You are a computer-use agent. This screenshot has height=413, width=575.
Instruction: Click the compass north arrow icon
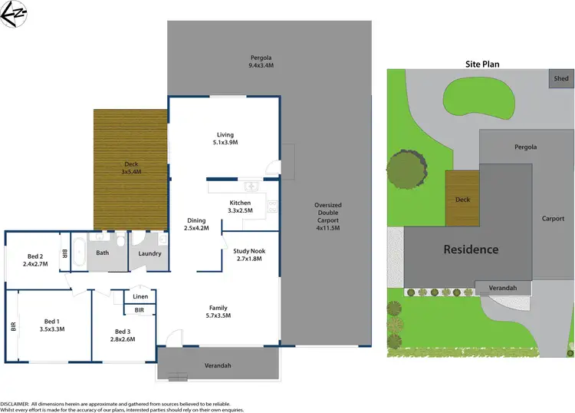[14, 15]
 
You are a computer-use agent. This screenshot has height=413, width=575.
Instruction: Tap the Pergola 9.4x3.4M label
[261, 61]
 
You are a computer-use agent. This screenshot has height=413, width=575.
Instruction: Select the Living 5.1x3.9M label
[224, 137]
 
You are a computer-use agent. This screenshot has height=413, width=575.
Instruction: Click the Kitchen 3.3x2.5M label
[240, 205]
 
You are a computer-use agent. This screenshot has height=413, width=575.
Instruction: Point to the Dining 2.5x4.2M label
[196, 223]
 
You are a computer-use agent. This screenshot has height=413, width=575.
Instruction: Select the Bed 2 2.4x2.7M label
[34, 259]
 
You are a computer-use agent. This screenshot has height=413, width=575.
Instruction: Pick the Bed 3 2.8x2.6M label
[122, 334]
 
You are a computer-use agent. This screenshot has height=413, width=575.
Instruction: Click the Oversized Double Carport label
[327, 216]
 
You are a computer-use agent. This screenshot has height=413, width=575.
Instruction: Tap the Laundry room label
[149, 253]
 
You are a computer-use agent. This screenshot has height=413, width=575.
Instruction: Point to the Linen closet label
[140, 296]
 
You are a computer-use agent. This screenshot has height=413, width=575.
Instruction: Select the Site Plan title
[479, 64]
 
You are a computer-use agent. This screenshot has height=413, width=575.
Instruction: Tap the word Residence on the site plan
[468, 249]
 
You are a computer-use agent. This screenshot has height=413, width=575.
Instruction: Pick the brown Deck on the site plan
[462, 199]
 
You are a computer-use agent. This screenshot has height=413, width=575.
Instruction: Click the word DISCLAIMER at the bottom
[15, 403]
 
